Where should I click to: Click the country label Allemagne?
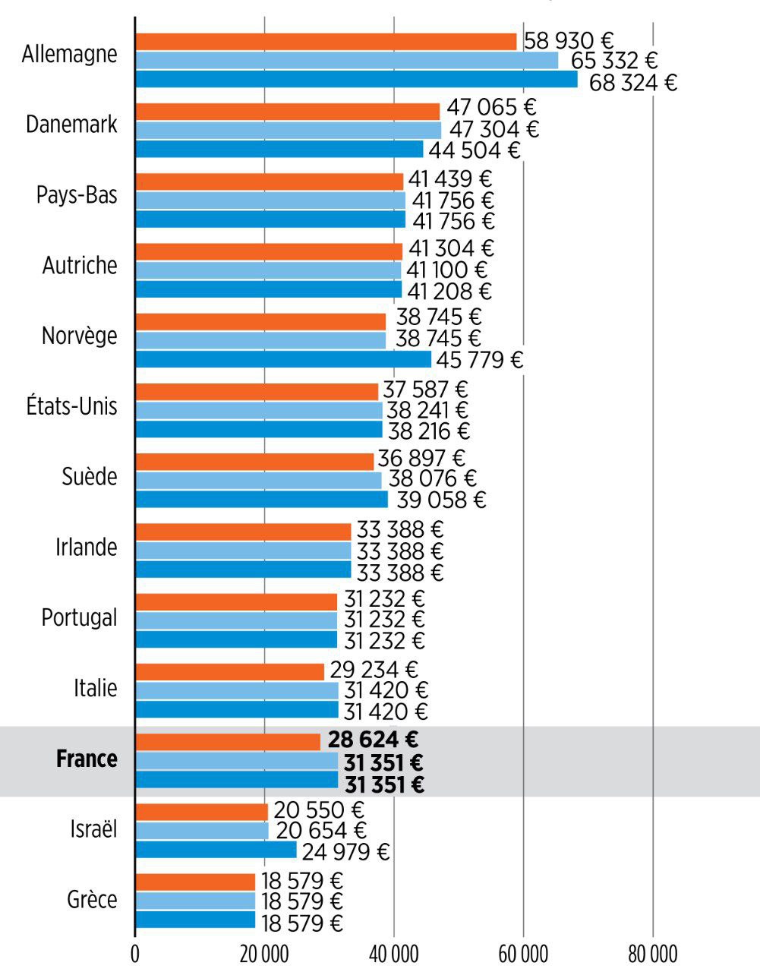point(70,55)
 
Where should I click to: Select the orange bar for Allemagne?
point(326,41)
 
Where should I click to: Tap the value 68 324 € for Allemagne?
point(632,82)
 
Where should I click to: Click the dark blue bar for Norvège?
point(283,359)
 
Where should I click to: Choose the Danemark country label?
point(71,125)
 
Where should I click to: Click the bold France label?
point(87,759)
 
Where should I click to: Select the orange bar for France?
point(228,741)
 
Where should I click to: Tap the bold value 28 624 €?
point(374,740)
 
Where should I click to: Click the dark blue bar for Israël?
point(216,850)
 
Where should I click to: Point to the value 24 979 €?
point(345,852)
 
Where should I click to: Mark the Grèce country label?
point(92,900)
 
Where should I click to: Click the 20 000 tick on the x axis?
point(263,954)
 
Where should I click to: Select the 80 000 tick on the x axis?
point(652,954)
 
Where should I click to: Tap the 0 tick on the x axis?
point(135,954)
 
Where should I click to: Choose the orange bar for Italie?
point(229,671)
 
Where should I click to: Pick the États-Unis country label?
point(71,406)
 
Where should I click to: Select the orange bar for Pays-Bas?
point(270,181)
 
